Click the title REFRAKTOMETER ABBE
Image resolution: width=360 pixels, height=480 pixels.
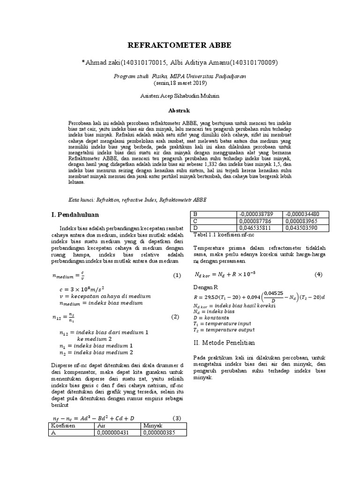coord(180,45)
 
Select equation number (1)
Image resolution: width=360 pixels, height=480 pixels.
coord(176,276)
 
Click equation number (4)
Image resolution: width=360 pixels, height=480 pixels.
coord(318,274)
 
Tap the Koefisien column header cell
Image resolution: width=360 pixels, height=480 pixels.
coord(62,426)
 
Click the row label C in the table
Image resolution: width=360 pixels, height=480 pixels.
coord(196,221)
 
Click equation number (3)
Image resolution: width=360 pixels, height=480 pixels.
coord(177,418)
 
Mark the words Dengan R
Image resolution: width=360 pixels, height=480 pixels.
coord(206,287)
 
